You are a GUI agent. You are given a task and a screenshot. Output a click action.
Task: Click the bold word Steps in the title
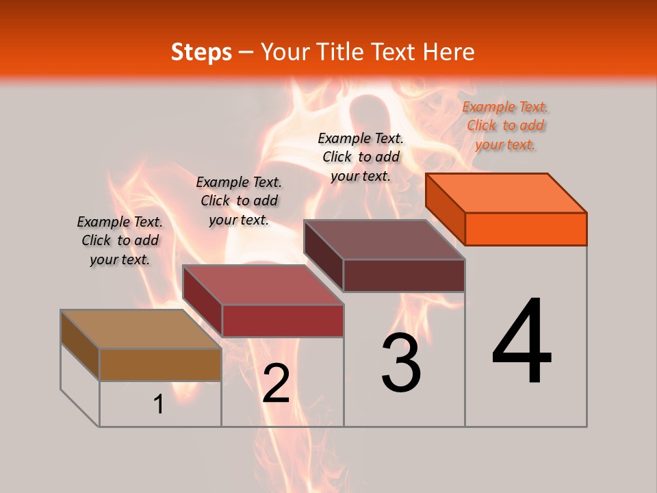point(201,52)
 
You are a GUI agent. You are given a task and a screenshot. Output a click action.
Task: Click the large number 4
point(521,342)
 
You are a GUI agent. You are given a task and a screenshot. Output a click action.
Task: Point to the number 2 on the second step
point(276,384)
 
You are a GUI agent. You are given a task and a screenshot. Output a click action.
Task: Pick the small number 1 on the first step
point(159,405)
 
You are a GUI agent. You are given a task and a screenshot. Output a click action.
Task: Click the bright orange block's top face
point(506,192)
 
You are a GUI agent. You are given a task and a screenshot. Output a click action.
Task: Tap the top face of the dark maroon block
point(385,239)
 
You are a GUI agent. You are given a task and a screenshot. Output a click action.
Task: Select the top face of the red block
point(263,284)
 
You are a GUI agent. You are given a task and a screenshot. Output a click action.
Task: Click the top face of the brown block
point(141,329)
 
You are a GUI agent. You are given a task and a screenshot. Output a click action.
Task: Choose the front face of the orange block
point(526,229)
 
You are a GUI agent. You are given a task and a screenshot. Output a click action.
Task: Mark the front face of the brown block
point(160,364)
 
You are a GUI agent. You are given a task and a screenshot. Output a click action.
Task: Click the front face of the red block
point(282,320)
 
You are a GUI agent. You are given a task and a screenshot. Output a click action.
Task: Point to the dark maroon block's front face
point(404,275)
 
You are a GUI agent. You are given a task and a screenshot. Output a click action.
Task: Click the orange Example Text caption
point(505,125)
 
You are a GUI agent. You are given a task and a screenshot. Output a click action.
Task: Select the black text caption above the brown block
point(120,240)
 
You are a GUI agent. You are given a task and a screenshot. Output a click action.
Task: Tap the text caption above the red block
point(239,201)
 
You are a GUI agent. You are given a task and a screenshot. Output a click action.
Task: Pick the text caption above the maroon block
point(361,157)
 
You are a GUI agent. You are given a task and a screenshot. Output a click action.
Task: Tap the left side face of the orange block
point(445,208)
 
